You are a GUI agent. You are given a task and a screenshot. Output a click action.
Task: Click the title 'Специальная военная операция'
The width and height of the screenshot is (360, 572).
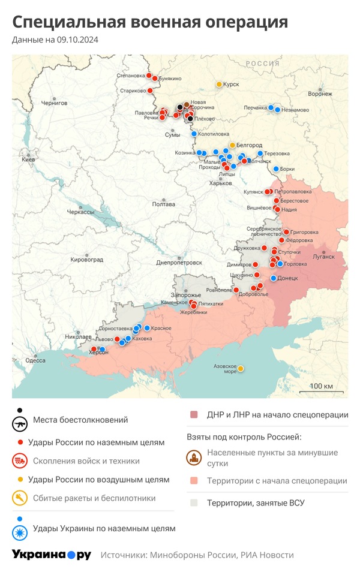click(x=150, y=22)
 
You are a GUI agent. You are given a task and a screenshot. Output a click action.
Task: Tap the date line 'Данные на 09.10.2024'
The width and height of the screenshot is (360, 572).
click(x=55, y=40)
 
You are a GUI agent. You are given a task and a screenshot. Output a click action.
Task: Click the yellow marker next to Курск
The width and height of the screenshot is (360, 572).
click(x=219, y=84)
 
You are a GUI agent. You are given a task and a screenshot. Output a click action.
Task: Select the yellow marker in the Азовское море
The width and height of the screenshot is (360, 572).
click(x=241, y=369)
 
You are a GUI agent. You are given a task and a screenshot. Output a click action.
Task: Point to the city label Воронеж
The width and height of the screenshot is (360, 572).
click(x=320, y=94)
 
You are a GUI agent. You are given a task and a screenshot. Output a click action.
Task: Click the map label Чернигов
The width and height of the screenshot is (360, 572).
click(x=55, y=103)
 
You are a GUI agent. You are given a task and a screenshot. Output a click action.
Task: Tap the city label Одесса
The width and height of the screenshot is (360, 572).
click(x=35, y=360)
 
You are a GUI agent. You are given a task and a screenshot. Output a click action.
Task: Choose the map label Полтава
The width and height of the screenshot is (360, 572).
click(x=164, y=204)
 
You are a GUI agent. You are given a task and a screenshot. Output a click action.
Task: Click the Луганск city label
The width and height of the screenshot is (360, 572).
click(x=324, y=257)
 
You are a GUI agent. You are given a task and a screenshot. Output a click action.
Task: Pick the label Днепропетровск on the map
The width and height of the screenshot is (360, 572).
click(x=179, y=263)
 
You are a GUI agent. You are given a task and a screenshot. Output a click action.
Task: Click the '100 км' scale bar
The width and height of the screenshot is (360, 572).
click(x=321, y=386)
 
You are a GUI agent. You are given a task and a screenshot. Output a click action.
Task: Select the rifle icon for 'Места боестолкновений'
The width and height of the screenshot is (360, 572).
click(x=20, y=423)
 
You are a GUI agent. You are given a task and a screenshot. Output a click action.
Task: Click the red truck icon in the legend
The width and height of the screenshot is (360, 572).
click(x=20, y=460)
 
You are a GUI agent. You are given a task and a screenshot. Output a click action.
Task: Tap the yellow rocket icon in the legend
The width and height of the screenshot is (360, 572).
click(x=20, y=498)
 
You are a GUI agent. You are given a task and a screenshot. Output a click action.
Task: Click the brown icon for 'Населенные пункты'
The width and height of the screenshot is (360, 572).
click(x=194, y=457)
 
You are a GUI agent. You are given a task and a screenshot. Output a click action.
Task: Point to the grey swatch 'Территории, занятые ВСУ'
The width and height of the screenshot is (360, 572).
click(x=194, y=502)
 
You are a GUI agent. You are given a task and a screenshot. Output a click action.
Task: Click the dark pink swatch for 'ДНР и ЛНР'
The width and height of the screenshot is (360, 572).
click(x=194, y=415)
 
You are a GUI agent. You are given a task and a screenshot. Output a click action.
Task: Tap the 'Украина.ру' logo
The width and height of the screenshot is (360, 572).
click(x=52, y=555)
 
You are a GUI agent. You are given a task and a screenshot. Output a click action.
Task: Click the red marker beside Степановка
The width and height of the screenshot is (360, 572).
click(x=149, y=76)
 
